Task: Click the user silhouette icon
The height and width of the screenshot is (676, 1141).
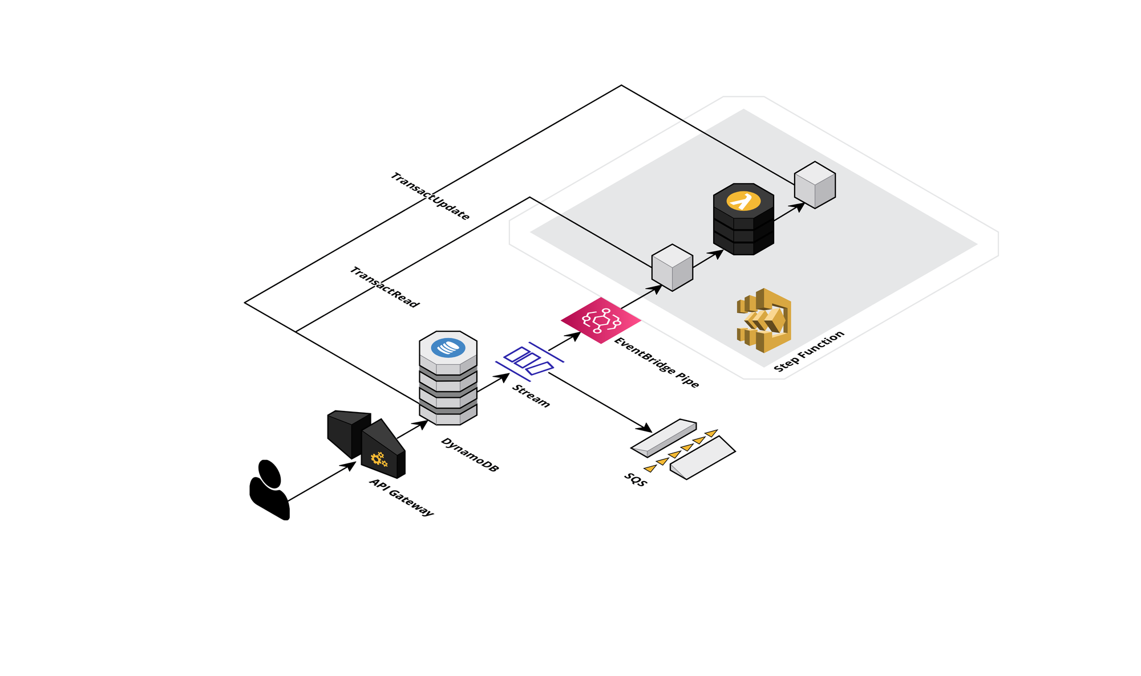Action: pos(269,490)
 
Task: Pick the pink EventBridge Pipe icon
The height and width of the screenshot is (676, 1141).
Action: pos(601,320)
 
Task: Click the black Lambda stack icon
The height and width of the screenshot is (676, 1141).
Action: pos(743,219)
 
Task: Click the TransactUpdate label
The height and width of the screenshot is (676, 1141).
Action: pos(430,197)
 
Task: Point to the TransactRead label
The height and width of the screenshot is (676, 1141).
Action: pos(385,287)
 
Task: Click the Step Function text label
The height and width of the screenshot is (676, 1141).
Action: pos(808,352)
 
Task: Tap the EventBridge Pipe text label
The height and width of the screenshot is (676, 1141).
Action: pos(657,363)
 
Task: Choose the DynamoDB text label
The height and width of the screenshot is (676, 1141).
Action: pos(470,455)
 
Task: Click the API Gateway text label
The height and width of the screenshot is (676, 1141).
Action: pos(402,497)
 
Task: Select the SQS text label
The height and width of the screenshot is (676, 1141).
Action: pos(636,480)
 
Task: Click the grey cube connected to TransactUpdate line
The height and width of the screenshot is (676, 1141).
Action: pos(815,185)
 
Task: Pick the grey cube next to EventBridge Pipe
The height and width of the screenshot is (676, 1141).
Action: pos(672,268)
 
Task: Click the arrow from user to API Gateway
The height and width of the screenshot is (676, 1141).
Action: pos(322,482)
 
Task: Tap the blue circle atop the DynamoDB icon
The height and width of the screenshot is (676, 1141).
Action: pos(448,347)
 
